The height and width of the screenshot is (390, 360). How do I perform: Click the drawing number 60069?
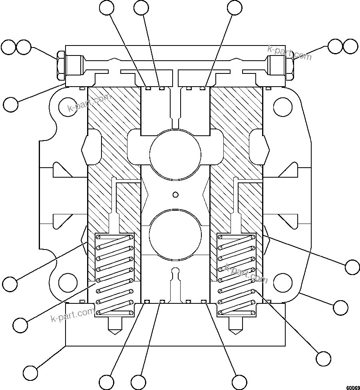tap(353, 387)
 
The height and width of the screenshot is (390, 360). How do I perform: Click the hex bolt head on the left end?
tap(61, 65)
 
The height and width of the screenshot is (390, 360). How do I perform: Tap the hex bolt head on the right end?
tap(289, 65)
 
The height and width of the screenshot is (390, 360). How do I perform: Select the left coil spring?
tap(114, 274)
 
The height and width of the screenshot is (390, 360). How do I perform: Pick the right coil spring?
tap(236, 274)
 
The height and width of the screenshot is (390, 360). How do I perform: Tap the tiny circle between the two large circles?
tap(175, 194)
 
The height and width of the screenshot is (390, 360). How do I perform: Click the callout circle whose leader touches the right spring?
tap(323, 358)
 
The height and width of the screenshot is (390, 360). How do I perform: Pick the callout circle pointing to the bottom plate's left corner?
tap(30, 373)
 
